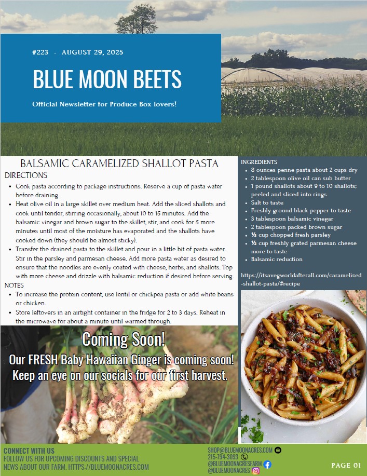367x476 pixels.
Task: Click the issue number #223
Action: [40, 52]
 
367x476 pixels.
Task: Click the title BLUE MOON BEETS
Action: [107, 79]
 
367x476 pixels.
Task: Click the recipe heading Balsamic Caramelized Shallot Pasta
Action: [119, 164]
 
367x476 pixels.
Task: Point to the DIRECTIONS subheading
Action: [26, 175]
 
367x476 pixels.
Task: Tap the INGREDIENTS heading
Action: [259, 162]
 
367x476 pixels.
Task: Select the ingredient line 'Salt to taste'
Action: [267, 202]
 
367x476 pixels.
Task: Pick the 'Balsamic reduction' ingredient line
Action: [276, 259]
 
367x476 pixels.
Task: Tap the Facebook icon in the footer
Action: [267, 464]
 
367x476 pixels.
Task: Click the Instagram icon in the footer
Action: [255, 471]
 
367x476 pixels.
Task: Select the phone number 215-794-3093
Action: [223, 457]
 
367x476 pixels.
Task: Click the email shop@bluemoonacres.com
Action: [240, 450]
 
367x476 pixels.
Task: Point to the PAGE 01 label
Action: [346, 465]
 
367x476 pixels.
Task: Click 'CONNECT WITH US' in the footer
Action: [29, 451]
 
